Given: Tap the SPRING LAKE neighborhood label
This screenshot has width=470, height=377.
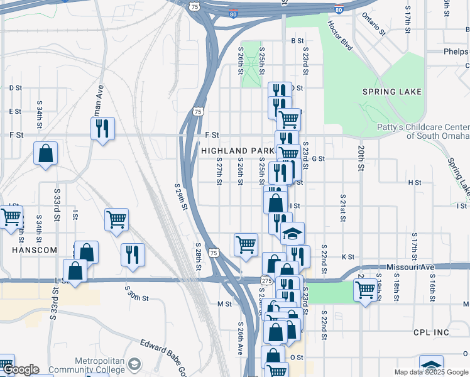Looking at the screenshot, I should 392,92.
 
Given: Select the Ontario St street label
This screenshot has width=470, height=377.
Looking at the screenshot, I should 373,23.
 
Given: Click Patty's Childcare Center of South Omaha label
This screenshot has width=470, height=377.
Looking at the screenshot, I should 422,131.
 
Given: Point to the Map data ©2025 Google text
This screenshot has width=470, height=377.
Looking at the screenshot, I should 431,372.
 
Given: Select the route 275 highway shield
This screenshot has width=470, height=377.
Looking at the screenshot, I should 266,280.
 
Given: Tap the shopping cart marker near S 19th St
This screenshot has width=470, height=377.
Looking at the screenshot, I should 364,290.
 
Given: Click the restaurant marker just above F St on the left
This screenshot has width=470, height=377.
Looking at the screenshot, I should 102,128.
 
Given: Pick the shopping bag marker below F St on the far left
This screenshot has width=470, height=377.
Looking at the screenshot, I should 46,153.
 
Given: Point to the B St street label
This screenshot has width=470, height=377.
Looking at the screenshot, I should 297,41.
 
